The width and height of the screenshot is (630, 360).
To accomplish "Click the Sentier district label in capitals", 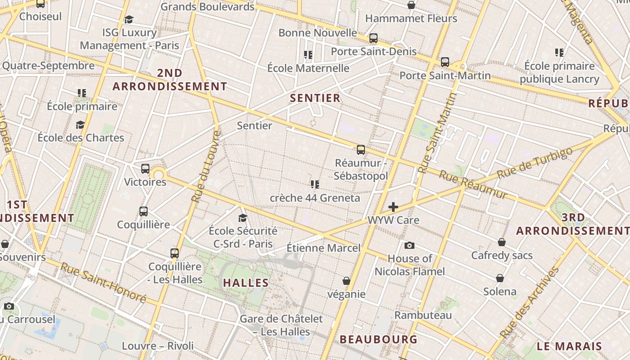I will pyautogui.click(x=315, y=98).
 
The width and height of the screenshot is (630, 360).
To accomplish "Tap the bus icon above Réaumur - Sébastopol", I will pyautogui.click(x=360, y=150).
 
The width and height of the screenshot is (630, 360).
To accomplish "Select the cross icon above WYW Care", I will pyautogui.click(x=393, y=207).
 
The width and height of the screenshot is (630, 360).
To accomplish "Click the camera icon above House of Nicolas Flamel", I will pyautogui.click(x=409, y=245).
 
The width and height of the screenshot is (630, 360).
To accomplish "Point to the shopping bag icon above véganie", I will pyautogui.click(x=346, y=281).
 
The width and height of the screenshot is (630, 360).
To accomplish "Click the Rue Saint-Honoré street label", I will pyautogui.click(x=103, y=283).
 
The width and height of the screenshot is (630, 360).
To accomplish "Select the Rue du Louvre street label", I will pyautogui.click(x=206, y=166).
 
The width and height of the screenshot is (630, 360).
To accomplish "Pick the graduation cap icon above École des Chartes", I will pyautogui.click(x=80, y=125).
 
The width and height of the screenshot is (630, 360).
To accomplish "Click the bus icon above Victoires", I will pyautogui.click(x=145, y=169).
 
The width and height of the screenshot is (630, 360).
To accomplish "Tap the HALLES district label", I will pyautogui.click(x=246, y=283).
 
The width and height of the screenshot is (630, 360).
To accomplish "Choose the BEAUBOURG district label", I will pyautogui.click(x=378, y=339).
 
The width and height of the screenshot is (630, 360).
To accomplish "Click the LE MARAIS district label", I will pyautogui.click(x=569, y=346).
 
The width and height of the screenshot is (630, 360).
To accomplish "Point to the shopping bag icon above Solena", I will pyautogui.click(x=499, y=278).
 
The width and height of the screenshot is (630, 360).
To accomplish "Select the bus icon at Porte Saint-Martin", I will pyautogui.click(x=445, y=62).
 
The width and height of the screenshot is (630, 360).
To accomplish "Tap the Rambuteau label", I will pyautogui.click(x=423, y=315).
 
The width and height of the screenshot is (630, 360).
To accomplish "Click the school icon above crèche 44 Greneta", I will pyautogui.click(x=315, y=184).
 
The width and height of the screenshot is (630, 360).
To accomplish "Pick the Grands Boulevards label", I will pyautogui.click(x=207, y=7).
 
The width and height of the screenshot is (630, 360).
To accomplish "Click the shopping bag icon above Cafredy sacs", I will pyautogui.click(x=501, y=242).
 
